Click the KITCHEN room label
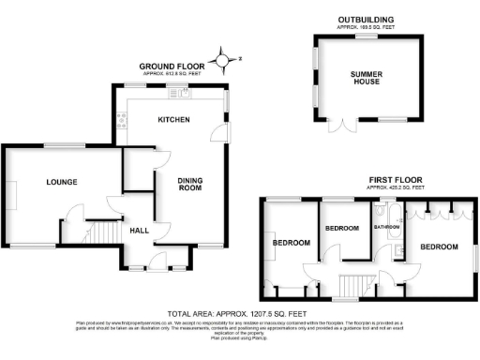(173, 120)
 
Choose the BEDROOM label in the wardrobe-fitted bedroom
(438, 247)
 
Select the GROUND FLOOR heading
(167, 66)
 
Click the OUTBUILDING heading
(366, 21)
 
